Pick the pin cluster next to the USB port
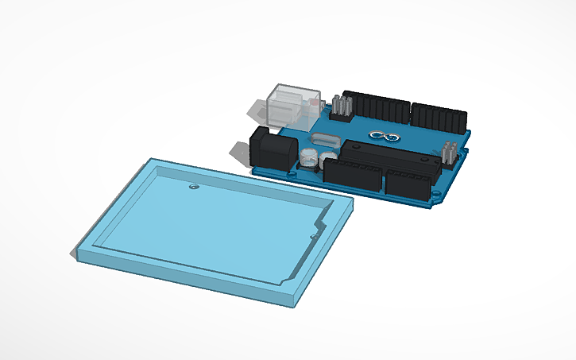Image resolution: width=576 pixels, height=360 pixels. pyautogui.click(x=342, y=106)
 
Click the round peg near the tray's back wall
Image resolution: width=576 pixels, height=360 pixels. pyautogui.click(x=193, y=187)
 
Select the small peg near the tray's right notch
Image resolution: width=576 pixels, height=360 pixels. pyautogui.click(x=314, y=234)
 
